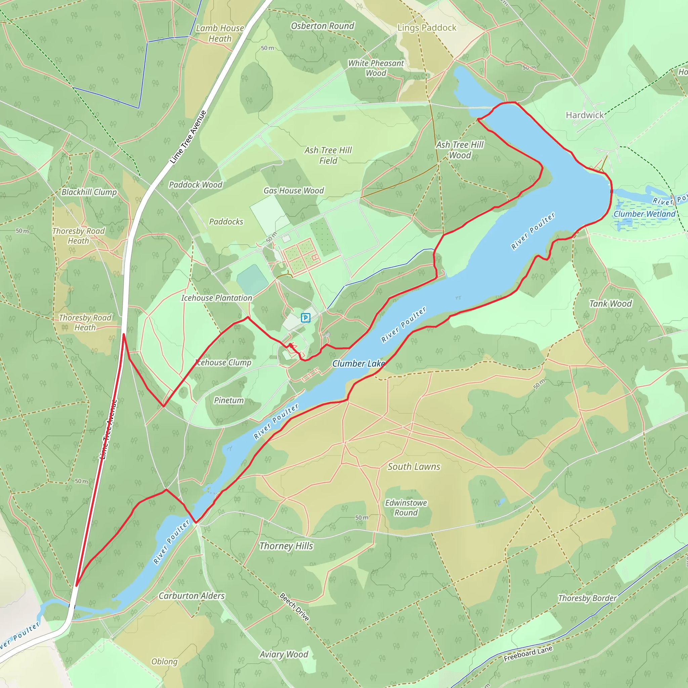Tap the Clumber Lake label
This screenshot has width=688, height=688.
358,363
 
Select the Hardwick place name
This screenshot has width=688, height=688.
585,115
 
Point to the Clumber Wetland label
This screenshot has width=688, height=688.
644,214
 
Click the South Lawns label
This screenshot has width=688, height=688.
414,467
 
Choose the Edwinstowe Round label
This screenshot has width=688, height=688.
406,508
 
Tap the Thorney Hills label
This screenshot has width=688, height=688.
286,546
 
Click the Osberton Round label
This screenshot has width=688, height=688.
322,26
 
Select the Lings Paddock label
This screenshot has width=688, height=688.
427,28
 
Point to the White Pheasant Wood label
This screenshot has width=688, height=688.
376,68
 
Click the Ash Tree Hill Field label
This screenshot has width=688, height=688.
328,156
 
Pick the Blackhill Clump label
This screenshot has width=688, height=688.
89,192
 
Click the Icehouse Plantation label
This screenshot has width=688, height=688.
217,298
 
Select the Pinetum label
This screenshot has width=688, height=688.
229,400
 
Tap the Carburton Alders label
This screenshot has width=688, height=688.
191,596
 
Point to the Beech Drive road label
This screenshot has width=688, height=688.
295,607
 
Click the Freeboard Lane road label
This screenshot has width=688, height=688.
528,653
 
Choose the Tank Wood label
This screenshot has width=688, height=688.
610,303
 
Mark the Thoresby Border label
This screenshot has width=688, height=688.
587,598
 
